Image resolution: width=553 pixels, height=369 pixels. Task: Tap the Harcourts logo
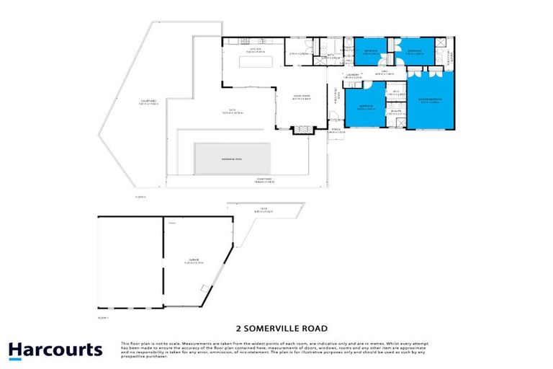pos(55,351)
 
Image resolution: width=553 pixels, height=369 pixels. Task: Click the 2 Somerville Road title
pos(276,325)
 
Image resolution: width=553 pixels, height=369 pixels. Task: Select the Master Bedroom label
pos(430,100)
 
